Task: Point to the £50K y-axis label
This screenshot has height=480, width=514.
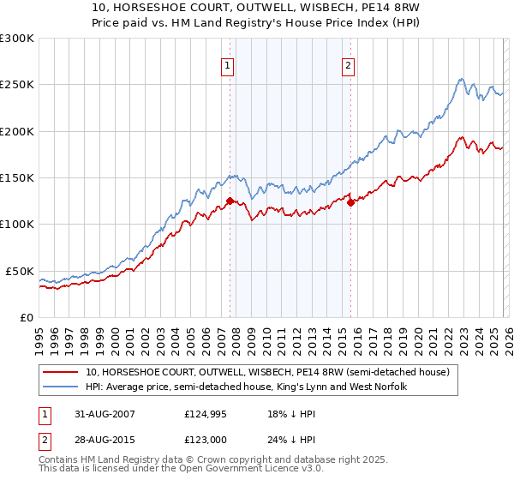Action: tap(19, 271)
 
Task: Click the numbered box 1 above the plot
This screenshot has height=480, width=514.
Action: tap(228, 66)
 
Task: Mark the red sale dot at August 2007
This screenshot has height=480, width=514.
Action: tap(230, 201)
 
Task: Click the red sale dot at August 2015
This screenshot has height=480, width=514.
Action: tap(350, 203)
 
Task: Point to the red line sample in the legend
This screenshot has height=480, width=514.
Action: tap(62, 372)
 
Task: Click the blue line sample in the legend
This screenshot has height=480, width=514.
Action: tap(62, 387)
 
